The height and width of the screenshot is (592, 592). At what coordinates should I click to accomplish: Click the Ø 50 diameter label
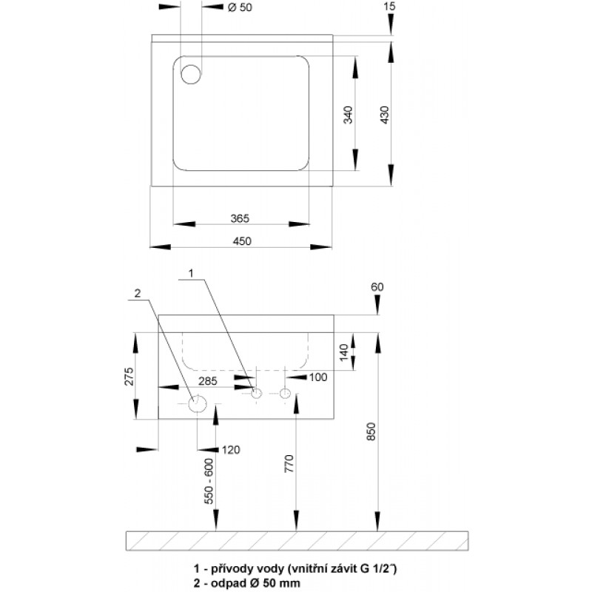coord(239,8)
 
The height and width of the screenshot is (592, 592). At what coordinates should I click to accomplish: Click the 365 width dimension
coord(239,218)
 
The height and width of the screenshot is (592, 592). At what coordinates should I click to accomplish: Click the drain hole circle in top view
coord(191,73)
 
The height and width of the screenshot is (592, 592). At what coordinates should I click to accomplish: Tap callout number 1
coord(190,273)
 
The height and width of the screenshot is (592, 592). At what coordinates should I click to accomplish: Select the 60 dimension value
coord(379,286)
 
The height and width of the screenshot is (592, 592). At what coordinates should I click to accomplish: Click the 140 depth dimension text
coord(342,351)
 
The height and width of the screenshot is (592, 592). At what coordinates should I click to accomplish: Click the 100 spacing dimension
coord(318,377)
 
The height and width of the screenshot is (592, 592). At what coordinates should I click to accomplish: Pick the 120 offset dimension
coord(231,450)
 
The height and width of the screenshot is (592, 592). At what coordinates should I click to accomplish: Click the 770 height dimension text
coord(290,464)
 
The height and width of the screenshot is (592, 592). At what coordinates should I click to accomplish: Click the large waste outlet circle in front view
coord(198,404)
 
